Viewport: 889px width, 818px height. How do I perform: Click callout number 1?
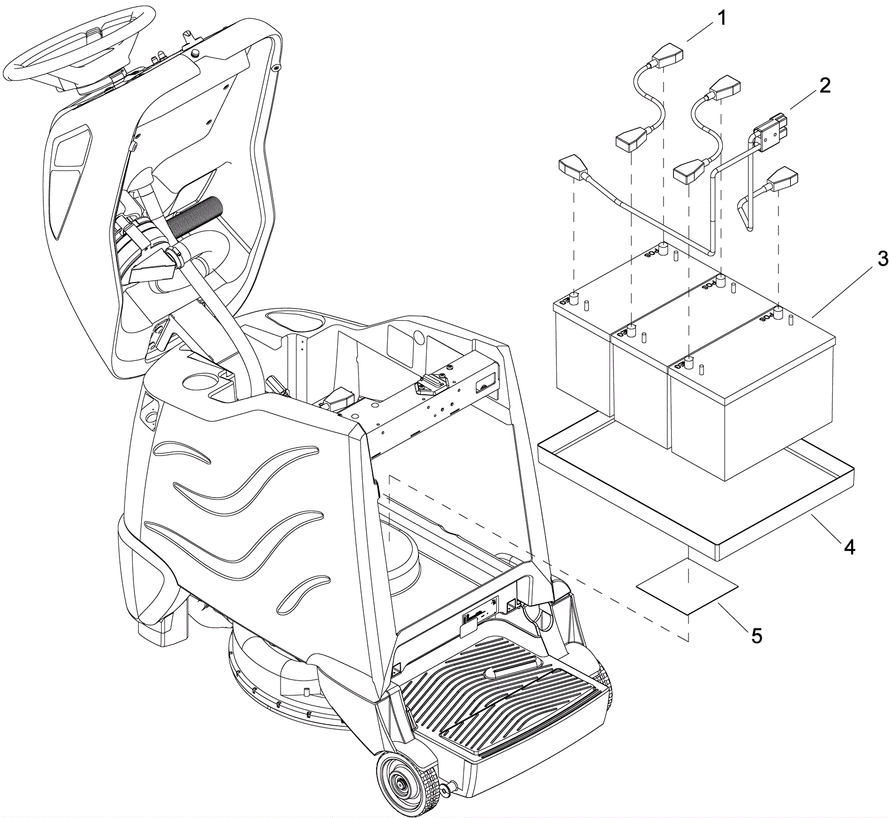point(721,18)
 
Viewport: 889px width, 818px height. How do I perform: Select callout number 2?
point(825,86)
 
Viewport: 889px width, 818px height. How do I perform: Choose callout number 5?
point(757,634)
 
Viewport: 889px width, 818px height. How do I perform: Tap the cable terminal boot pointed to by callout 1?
point(667,55)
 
